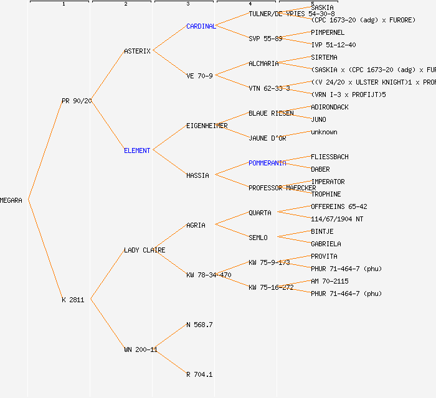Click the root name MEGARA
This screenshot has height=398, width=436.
click(11, 200)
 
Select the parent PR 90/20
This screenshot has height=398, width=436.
click(77, 101)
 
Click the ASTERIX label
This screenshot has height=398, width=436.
click(137, 51)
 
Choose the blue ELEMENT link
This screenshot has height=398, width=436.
click(137, 150)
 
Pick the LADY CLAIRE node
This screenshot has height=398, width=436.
click(145, 250)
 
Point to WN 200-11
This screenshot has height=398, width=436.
click(141, 349)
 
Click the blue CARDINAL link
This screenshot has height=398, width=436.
click(201, 26)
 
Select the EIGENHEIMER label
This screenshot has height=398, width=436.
click(207, 126)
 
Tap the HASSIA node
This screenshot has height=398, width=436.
click(197, 175)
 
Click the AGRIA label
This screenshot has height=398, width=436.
click(196, 225)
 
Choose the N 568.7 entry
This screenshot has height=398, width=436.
click(199, 325)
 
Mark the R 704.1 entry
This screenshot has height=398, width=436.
click(199, 374)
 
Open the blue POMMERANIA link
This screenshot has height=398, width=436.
click(267, 163)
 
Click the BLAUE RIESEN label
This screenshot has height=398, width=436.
click(271, 113)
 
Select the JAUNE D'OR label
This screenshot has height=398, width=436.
click(267, 138)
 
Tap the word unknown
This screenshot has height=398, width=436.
click(324, 132)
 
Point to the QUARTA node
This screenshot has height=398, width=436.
click(260, 213)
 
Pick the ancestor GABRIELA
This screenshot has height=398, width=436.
click(326, 244)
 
